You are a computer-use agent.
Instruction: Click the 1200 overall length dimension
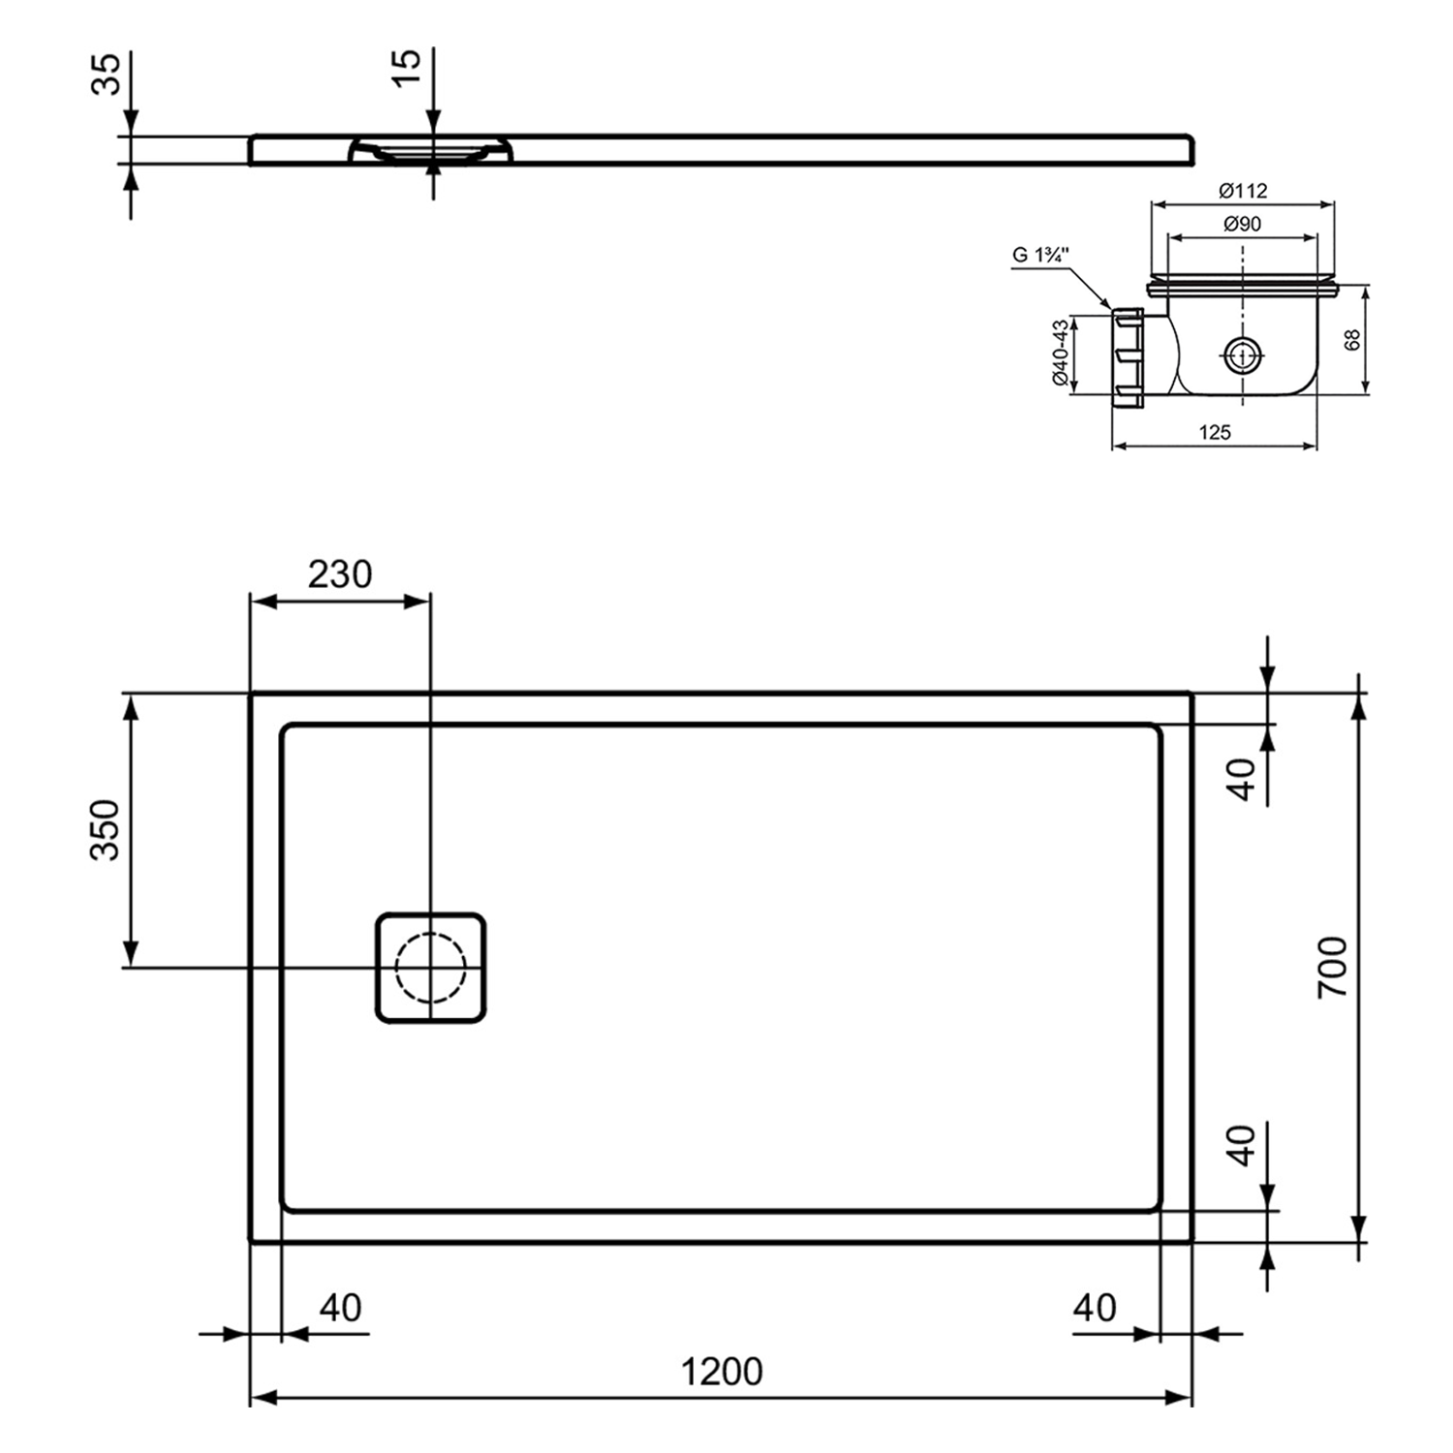(722, 1372)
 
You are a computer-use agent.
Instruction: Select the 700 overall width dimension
(1333, 967)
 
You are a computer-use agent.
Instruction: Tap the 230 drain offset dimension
(340, 574)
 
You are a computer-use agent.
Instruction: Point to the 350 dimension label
(105, 829)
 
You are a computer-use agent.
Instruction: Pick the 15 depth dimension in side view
(408, 66)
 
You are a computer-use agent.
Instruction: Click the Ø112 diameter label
(1243, 191)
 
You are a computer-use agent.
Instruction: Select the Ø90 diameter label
(1243, 224)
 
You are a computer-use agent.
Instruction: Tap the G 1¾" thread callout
(1040, 256)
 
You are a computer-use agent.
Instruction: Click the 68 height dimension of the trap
(1353, 339)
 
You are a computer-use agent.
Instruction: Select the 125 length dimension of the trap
(1215, 432)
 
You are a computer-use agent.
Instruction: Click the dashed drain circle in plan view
(430, 968)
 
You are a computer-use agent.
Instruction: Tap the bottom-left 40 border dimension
(340, 1308)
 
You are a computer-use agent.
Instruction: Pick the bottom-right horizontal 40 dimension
(1095, 1308)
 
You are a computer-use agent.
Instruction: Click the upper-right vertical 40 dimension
(1242, 779)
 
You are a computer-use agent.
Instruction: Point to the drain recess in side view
(430, 151)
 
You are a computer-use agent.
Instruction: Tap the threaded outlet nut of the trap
(1128, 356)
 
